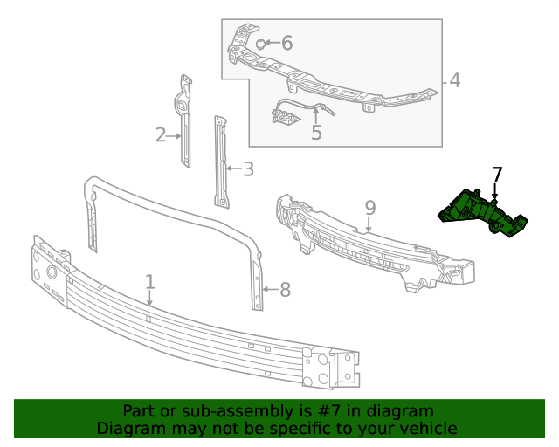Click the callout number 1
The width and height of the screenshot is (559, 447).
click(x=150, y=281)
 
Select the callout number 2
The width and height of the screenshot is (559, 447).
click(x=161, y=135)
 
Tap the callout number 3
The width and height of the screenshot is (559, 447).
click(x=248, y=169)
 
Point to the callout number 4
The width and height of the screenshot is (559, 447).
click(x=454, y=81)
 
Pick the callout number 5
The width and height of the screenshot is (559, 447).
click(x=316, y=133)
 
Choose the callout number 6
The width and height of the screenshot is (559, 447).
click(x=286, y=43)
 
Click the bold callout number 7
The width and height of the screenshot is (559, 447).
click(x=497, y=174)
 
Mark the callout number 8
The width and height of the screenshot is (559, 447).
click(x=285, y=289)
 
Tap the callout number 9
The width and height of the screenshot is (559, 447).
click(x=369, y=208)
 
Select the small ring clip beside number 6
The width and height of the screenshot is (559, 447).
click(x=261, y=43)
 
